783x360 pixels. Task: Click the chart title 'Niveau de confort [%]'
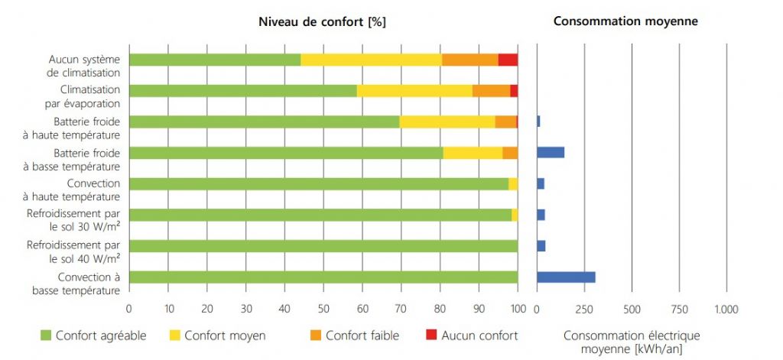point(322,22)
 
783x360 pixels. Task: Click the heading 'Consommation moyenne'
point(625,22)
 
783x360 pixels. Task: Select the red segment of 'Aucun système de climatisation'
point(508,60)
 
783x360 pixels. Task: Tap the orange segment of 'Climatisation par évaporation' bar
point(491,90)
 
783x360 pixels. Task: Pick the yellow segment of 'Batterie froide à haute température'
point(447,122)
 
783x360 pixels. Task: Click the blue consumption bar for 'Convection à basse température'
point(566,277)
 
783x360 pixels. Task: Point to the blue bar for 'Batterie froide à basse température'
point(551,152)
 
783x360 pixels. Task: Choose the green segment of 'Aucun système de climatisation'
point(215,60)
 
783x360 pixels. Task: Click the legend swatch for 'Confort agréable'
point(46,335)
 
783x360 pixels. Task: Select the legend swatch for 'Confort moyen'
point(174,335)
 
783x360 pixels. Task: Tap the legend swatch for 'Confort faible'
point(316,335)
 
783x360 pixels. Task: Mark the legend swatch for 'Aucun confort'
point(431,335)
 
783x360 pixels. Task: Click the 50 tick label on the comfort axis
point(323,309)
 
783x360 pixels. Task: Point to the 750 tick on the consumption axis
point(679,309)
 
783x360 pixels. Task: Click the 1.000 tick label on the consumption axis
point(726,309)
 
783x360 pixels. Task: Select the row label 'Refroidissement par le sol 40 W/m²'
point(74,251)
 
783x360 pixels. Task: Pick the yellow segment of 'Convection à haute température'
point(513,183)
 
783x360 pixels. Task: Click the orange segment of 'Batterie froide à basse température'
point(510,152)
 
